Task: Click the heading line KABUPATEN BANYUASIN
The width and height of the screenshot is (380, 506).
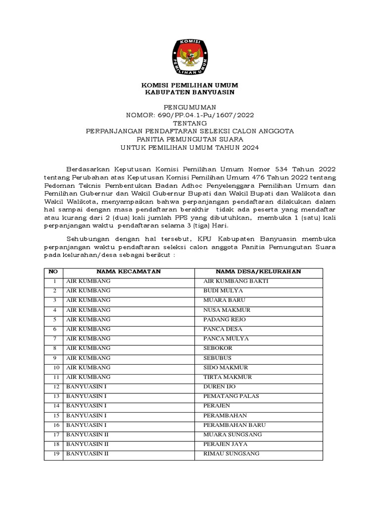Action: click(x=190, y=92)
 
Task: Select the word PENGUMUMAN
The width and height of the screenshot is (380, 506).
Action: click(x=190, y=107)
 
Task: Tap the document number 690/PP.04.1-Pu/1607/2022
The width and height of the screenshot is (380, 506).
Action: click(x=204, y=115)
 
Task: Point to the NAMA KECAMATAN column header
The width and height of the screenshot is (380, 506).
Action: click(x=129, y=272)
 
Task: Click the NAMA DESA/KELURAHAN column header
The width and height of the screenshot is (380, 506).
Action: click(x=258, y=272)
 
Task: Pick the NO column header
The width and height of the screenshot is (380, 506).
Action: click(x=53, y=272)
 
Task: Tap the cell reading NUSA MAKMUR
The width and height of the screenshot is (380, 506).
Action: click(x=227, y=310)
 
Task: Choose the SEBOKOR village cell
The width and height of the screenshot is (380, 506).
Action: click(x=217, y=348)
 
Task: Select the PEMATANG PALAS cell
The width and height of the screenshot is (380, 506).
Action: click(x=231, y=396)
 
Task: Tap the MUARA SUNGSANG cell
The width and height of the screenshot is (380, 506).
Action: click(x=232, y=435)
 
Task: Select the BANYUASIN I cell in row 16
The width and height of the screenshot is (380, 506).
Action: click(x=87, y=425)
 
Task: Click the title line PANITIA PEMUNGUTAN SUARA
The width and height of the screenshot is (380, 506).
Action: click(x=190, y=139)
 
